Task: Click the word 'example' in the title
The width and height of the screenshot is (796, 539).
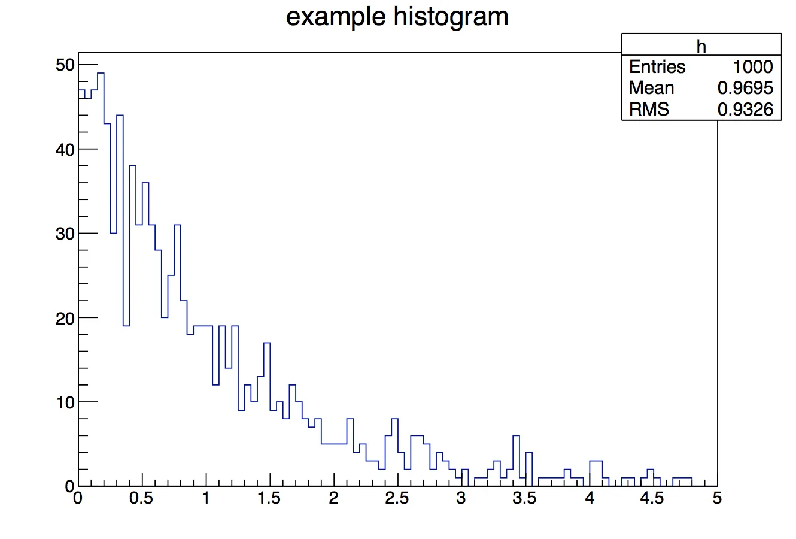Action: coord(330,17)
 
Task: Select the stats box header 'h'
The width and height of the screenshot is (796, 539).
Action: coord(701,46)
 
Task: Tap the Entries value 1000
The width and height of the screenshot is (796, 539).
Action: coord(752,67)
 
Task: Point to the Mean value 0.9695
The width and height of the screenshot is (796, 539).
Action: coord(745,88)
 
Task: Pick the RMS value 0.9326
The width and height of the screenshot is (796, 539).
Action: coord(745,109)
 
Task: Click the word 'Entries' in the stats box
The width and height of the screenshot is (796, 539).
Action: coord(657,67)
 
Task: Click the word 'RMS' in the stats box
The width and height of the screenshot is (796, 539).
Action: coord(649,109)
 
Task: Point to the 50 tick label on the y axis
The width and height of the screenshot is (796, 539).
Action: coord(65,65)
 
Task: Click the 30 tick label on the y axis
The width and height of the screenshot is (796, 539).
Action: coord(65,234)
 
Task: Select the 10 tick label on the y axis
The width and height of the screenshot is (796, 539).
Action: coord(65,402)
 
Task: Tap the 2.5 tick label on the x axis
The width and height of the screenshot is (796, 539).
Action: coord(397,498)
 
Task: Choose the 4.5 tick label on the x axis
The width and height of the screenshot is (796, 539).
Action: coord(652,498)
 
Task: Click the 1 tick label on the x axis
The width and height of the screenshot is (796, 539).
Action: coord(206,498)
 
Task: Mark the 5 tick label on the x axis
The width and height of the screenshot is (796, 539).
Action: coord(717,498)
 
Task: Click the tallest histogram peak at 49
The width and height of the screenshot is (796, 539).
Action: coord(101,74)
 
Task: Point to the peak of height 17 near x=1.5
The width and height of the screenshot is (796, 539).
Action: coord(267,343)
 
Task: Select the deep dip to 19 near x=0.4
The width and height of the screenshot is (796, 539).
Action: coord(126,325)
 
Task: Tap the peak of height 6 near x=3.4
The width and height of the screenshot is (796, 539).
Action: coord(516,436)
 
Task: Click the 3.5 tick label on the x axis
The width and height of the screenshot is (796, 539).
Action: coord(525,498)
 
